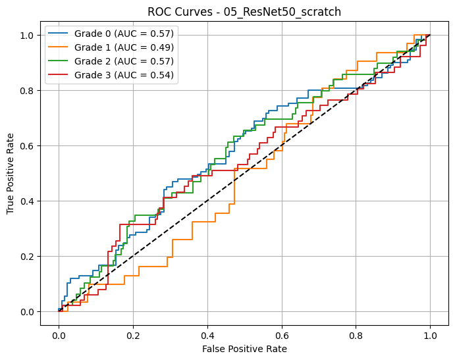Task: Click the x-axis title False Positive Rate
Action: pyautogui.click(x=245, y=349)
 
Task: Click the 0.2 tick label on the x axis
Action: pyautogui.click(x=133, y=334)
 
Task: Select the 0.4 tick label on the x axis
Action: pyautogui.click(x=207, y=334)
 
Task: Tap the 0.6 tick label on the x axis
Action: pyautogui.click(x=282, y=334)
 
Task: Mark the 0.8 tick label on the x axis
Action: pyautogui.click(x=356, y=334)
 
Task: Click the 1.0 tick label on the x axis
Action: pyautogui.click(x=431, y=334)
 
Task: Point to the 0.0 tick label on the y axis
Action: pyautogui.click(x=29, y=312)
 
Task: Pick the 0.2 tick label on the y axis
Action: pyautogui.click(x=29, y=257)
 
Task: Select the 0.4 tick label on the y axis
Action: pyautogui.click(x=29, y=201)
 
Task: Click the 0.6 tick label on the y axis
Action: pyautogui.click(x=29, y=146)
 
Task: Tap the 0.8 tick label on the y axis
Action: pyautogui.click(x=29, y=91)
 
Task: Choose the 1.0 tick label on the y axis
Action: pyautogui.click(x=29, y=36)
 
